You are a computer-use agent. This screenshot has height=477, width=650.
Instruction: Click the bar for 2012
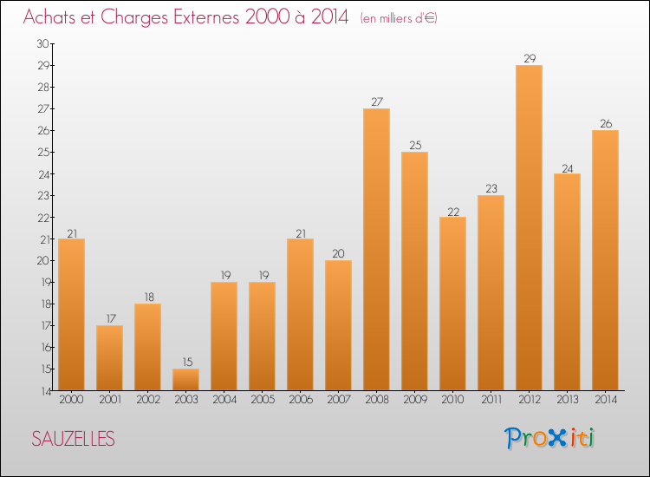pos(529,227)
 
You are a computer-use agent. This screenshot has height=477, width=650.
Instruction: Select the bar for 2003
pos(185,379)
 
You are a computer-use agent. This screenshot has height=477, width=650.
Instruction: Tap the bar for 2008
pos(376,249)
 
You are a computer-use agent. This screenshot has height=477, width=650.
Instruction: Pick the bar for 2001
pos(109,357)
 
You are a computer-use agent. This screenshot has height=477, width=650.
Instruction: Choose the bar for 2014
pos(605,260)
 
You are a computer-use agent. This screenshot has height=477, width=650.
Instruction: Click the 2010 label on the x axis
pos(452,400)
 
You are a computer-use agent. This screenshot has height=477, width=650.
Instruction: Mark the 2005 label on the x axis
pos(262,400)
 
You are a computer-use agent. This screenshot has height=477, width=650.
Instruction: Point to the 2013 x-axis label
pos(567,400)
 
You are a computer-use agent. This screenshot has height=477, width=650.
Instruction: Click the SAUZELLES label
pos(73,439)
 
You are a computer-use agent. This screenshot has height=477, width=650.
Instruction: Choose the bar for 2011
pos(491,292)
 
